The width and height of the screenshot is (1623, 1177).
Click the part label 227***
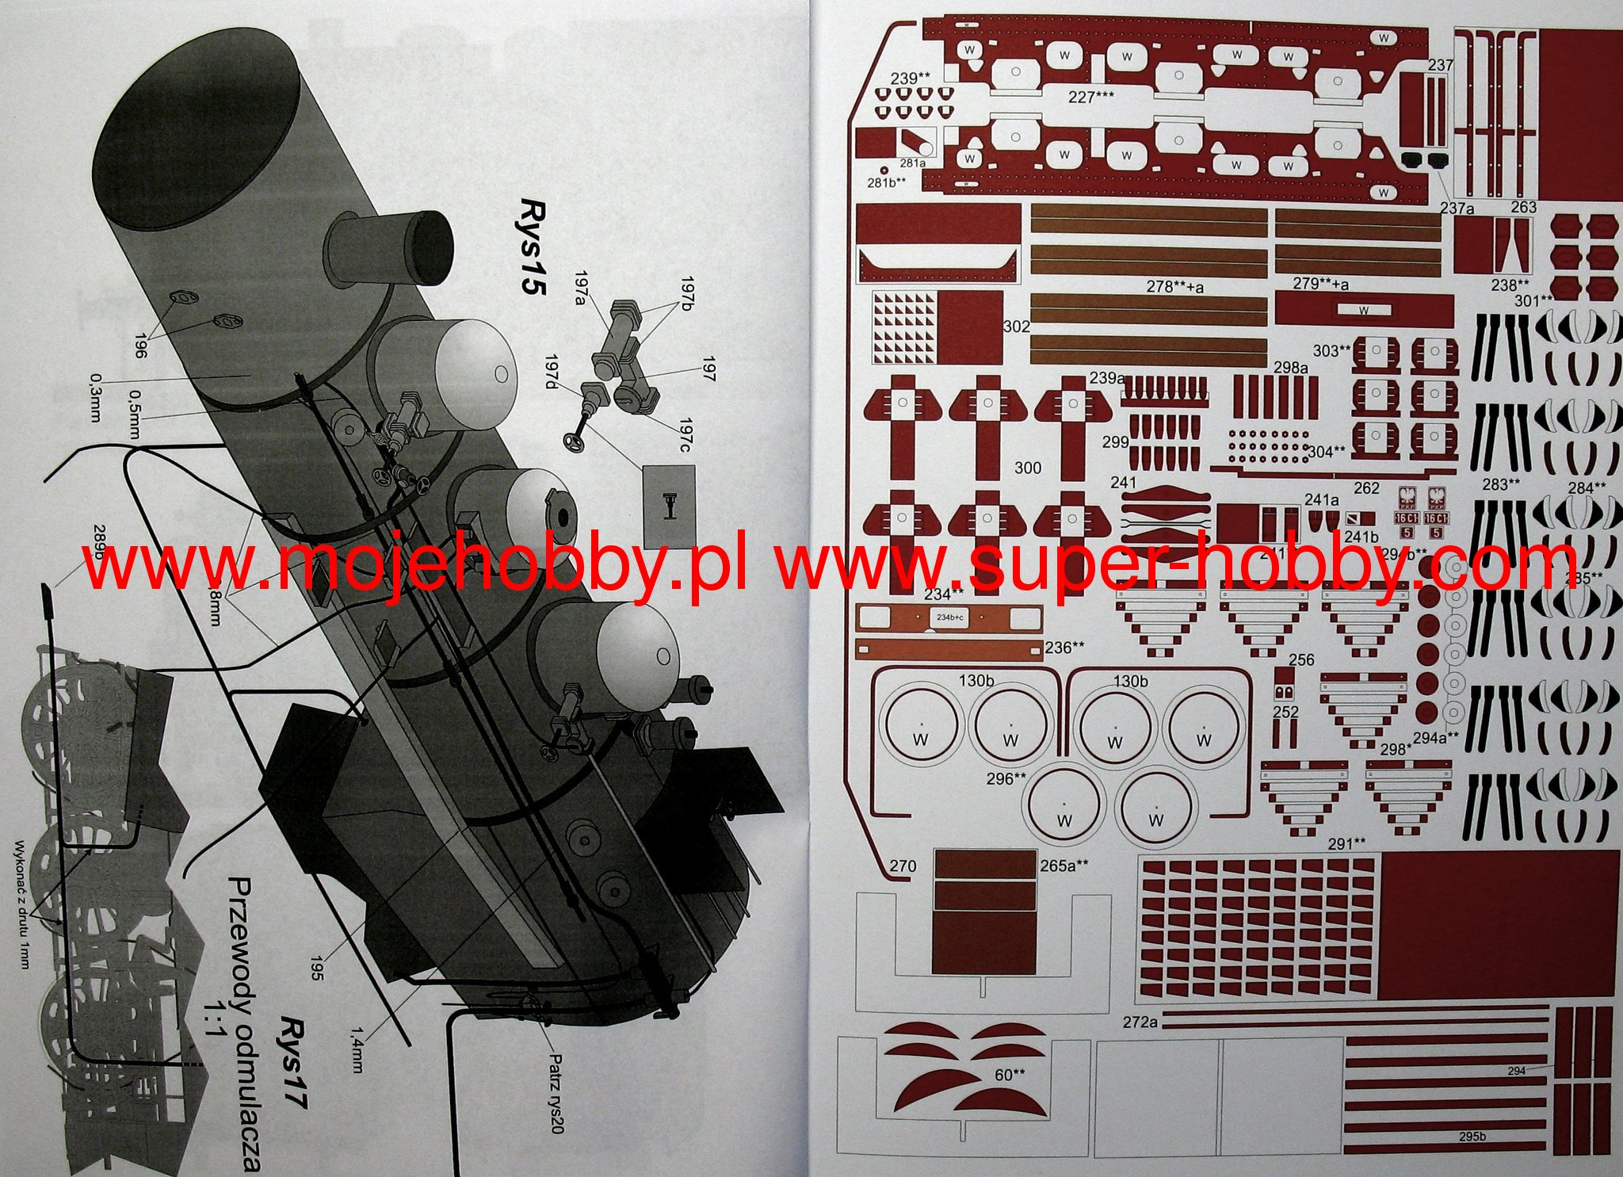click(1090, 97)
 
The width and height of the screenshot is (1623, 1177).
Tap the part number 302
click(1016, 327)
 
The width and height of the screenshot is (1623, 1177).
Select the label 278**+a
click(1174, 286)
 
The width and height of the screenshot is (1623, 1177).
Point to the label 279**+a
click(1320, 284)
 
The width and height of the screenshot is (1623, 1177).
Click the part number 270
click(903, 866)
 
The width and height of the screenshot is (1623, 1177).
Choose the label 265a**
click(1064, 866)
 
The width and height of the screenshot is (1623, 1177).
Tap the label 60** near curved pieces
click(1010, 1075)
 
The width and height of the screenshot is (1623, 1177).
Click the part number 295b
click(1472, 1137)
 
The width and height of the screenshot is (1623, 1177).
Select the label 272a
click(1140, 1022)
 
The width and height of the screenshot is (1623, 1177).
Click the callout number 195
click(316, 967)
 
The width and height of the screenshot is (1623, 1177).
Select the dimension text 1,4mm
click(357, 1050)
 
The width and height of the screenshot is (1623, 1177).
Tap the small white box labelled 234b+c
click(950, 617)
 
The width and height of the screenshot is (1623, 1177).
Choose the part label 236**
click(1064, 648)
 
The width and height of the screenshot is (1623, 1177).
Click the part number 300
click(1027, 468)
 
